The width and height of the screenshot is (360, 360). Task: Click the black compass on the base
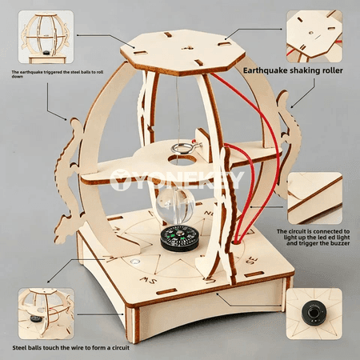(179, 238)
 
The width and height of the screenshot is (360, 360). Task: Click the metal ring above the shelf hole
(182, 148)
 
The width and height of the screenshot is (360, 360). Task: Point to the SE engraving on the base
(252, 260)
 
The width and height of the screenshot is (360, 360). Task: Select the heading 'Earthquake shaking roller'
(293, 70)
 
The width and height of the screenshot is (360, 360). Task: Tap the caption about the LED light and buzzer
(313, 238)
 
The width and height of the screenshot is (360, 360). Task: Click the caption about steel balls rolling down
(57, 74)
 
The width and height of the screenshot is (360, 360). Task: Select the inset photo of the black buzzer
(314, 314)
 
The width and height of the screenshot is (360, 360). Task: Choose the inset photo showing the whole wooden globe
(46, 37)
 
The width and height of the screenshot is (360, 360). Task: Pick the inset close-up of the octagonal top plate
(314, 36)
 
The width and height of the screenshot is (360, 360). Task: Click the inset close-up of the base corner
(314, 198)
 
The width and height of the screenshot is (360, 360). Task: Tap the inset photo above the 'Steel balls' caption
(46, 314)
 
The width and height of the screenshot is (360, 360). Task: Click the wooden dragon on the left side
(69, 182)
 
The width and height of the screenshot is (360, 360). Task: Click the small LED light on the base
(135, 261)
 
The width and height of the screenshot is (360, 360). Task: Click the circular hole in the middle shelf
(182, 160)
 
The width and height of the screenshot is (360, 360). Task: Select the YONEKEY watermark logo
(177, 180)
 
